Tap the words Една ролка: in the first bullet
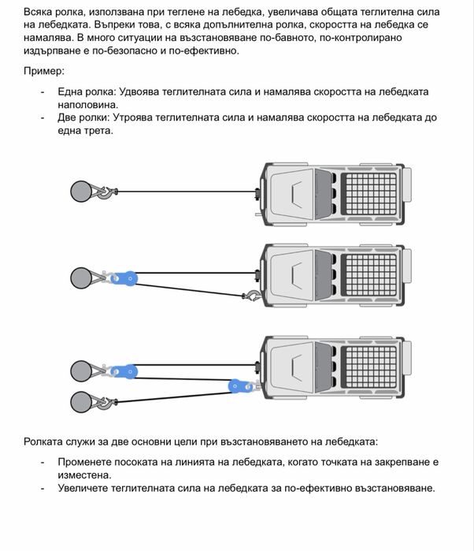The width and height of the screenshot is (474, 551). pos(83,92)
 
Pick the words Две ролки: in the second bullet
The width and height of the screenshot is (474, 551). pos(83,117)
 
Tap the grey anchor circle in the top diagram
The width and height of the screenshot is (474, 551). pos(81,192)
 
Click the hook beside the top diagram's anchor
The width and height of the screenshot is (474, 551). pos(106,192)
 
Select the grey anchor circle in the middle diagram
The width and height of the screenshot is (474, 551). pos(81,277)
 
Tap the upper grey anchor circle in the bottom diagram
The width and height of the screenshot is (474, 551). pos(81,370)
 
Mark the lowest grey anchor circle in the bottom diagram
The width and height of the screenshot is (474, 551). pos(81,402)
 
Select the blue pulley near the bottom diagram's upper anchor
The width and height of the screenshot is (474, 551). pos(121,370)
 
